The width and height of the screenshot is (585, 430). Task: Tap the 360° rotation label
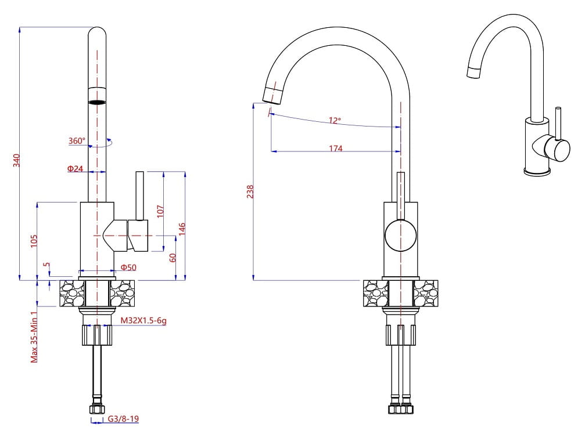[77, 140]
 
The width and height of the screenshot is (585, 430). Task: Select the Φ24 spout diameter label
[76, 169]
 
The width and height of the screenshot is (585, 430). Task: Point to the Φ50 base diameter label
[128, 268]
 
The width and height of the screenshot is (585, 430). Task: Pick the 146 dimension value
[182, 229]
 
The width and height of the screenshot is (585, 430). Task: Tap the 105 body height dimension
[34, 241]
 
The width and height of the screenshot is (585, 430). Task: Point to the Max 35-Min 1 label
[34, 337]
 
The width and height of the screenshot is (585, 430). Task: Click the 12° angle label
[335, 121]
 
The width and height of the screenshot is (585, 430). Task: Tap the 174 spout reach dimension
[336, 149]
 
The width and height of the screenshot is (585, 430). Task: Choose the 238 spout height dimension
[250, 191]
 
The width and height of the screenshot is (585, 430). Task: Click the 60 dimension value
[173, 257]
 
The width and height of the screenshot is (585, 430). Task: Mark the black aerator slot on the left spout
[97, 102]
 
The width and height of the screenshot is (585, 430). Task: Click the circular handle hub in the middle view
[400, 235]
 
